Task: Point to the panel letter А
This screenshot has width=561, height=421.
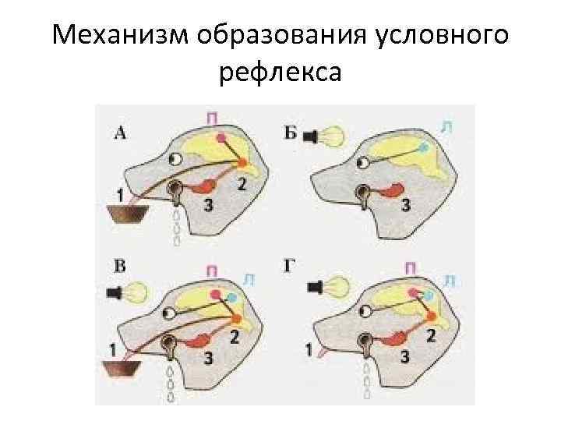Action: pyautogui.click(x=120, y=133)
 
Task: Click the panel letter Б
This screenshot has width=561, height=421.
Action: pyautogui.click(x=291, y=133)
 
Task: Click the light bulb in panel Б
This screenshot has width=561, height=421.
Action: pyautogui.click(x=332, y=137)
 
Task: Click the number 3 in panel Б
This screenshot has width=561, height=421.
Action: pyautogui.click(x=405, y=205)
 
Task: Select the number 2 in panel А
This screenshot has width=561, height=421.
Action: pyautogui.click(x=242, y=185)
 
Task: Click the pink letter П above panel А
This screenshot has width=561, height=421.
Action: pyautogui.click(x=212, y=117)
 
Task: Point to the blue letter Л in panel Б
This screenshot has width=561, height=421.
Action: pyautogui.click(x=444, y=124)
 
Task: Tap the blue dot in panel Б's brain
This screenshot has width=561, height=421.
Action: pyautogui.click(x=423, y=147)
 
